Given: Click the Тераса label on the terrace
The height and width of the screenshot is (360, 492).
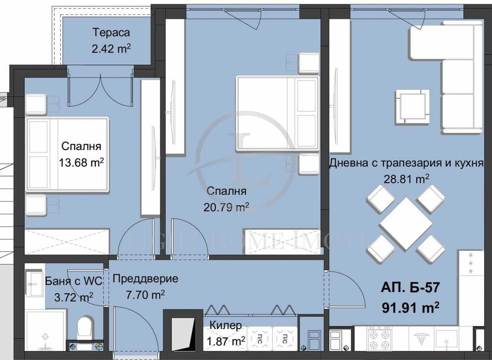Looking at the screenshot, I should [111, 33].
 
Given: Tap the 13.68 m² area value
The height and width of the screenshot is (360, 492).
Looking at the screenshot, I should [81, 162].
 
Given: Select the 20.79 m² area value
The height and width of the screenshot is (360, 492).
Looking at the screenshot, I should [226, 207].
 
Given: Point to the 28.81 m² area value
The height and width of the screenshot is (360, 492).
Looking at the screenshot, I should [407, 179].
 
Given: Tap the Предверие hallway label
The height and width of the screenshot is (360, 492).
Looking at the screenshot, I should [145, 279].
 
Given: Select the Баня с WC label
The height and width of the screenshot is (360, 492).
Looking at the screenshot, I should [74, 281].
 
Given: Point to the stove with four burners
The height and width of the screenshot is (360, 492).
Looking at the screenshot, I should [380, 338].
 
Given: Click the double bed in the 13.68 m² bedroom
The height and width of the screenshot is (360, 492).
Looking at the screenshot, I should [68, 155].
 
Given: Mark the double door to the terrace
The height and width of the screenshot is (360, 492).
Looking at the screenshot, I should [101, 89].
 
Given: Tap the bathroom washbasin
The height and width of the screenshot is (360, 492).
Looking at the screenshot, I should [34, 284].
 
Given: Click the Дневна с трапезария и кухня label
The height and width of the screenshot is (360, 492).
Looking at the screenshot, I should [407, 164].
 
